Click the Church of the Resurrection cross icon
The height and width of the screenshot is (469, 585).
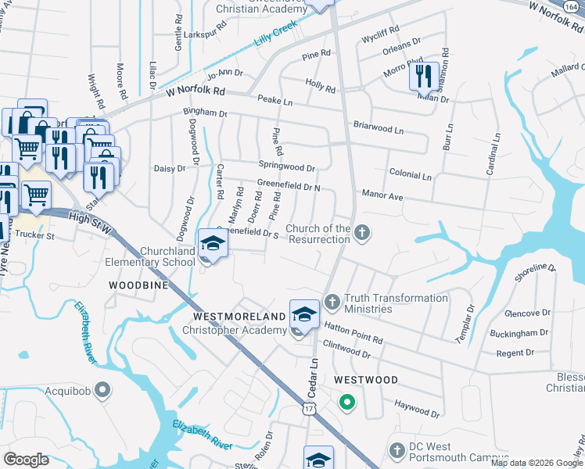(361, 232)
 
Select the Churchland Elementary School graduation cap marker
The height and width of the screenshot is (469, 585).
(211, 245)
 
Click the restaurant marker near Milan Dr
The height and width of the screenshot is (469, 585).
(422, 77)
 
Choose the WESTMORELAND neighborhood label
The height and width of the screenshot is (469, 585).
(239, 317)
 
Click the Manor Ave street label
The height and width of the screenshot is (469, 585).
(382, 195)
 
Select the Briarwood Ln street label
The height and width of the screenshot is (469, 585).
(378, 127)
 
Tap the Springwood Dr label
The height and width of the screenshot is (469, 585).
(286, 167)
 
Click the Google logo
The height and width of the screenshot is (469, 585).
(27, 460)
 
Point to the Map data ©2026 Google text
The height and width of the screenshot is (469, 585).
(537, 463)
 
